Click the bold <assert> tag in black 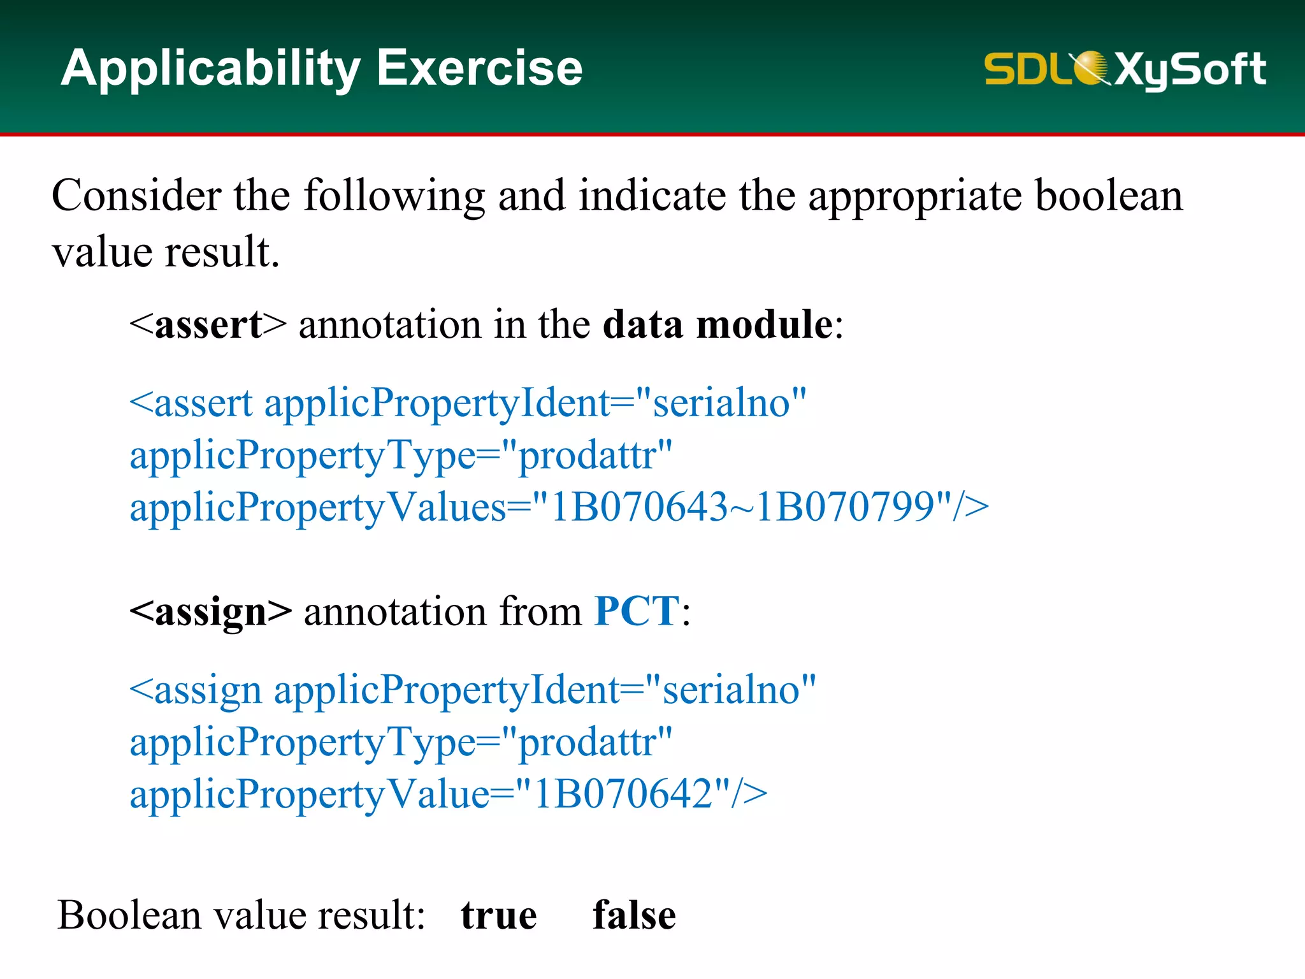coord(208,324)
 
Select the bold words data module coord(717,324)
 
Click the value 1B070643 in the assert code coord(638,507)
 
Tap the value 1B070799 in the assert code coord(845,507)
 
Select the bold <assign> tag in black coord(210,611)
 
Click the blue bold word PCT coord(637,611)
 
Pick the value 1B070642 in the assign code coord(623,794)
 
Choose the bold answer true coord(499,916)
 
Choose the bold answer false coord(634,916)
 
